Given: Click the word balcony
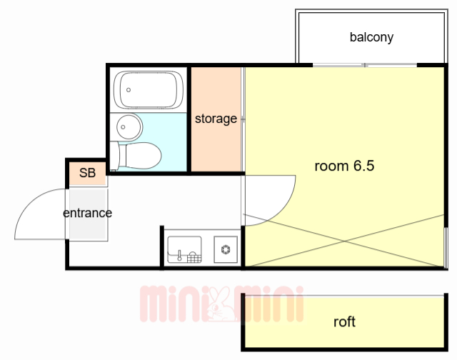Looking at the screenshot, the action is (x=371, y=37).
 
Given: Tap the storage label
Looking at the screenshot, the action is (x=216, y=119).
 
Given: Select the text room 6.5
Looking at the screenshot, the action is (x=344, y=166).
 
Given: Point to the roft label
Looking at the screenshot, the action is (x=344, y=322).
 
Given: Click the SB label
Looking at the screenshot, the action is (x=87, y=173).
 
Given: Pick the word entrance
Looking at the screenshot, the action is (x=87, y=213).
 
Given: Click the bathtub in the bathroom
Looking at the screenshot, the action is (x=149, y=90).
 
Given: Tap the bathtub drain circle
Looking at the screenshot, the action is (x=129, y=90).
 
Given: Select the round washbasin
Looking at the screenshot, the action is (x=129, y=127).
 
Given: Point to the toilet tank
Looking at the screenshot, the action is (x=114, y=156).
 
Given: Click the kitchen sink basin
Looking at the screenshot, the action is (x=184, y=249).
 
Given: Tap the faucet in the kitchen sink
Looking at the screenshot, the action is (x=179, y=255).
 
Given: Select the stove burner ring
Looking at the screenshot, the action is (x=226, y=249).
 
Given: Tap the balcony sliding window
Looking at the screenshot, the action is (x=365, y=65).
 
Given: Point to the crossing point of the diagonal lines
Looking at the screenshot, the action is (x=344, y=241).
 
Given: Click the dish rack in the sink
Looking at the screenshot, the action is (x=194, y=257).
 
